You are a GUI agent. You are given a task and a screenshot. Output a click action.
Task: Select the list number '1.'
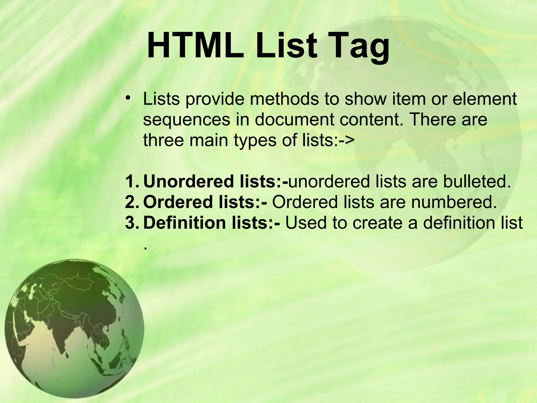(x=133, y=181)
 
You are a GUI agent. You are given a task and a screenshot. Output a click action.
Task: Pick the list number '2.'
(x=133, y=202)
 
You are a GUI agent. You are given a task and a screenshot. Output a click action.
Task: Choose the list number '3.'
(x=133, y=222)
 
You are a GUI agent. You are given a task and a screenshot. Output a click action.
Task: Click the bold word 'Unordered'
(x=189, y=181)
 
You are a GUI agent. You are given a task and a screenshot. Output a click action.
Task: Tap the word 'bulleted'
(x=477, y=181)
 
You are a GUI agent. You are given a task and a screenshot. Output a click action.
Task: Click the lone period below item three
(x=145, y=248)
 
